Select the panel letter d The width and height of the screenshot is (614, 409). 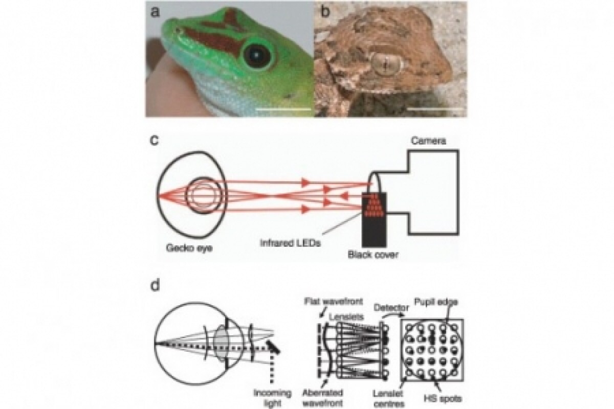click(x=153, y=285)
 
